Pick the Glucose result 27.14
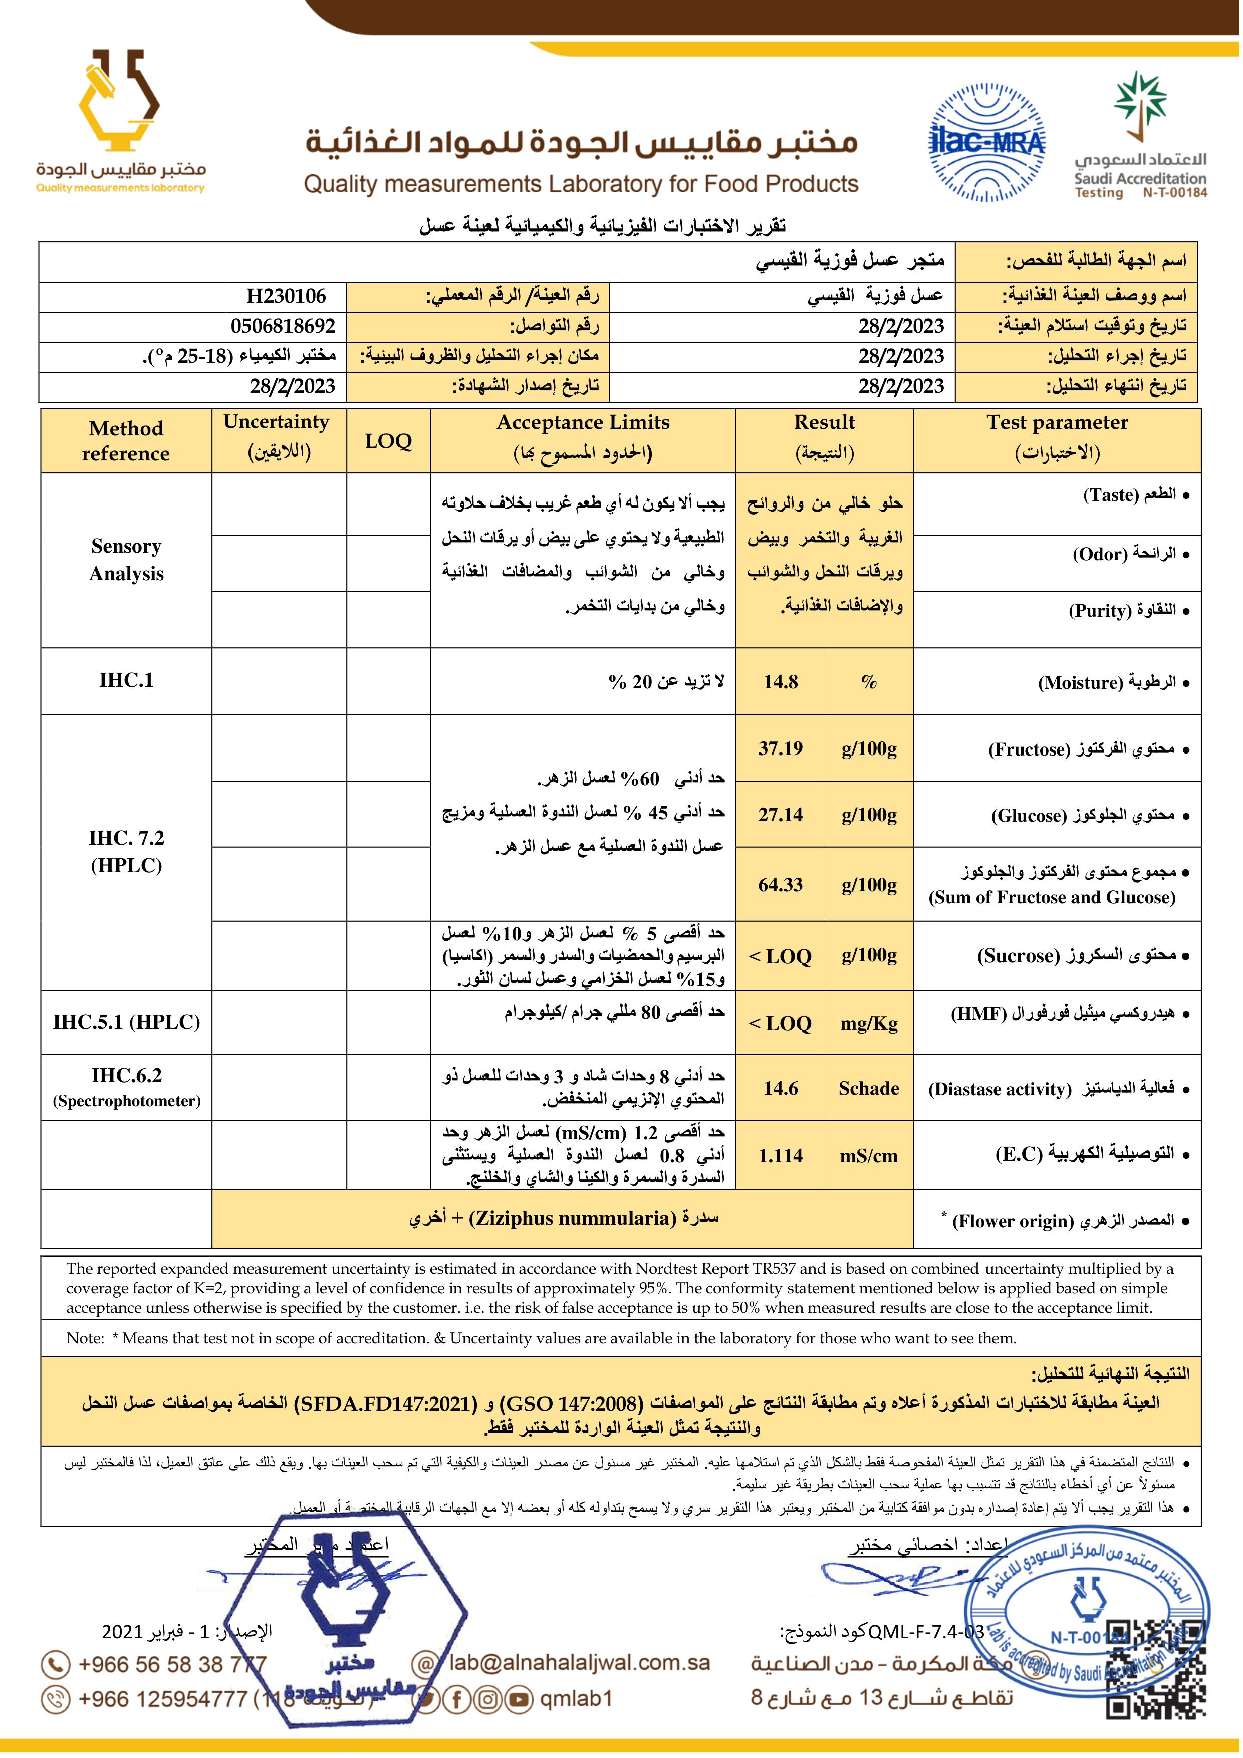click(781, 815)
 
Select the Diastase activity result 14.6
click(781, 1088)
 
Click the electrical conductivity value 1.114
click(781, 1155)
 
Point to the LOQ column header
click(388, 441)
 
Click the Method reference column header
click(126, 441)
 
